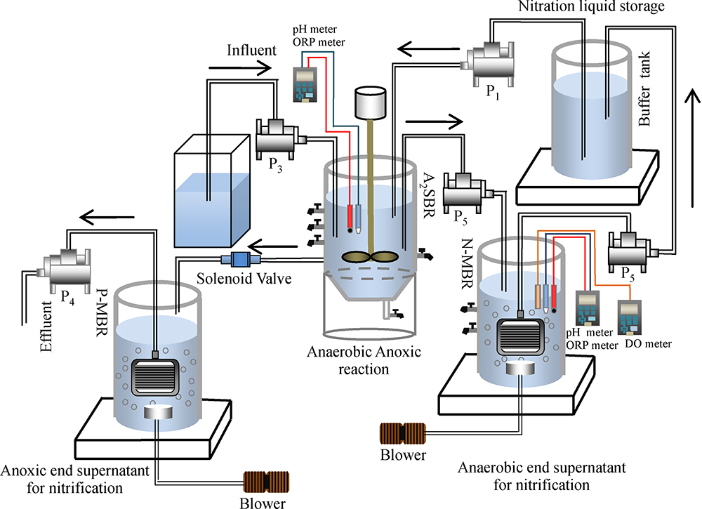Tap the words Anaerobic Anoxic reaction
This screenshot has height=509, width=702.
point(365,359)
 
